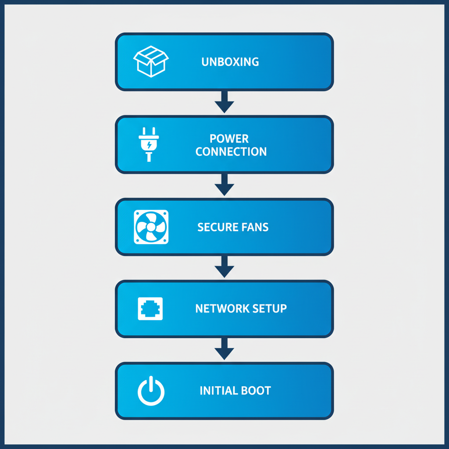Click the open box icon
pyautogui.click(x=150, y=61)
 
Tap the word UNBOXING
pyautogui.click(x=230, y=62)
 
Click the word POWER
pyautogui.click(x=229, y=139)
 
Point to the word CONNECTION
pyautogui.click(x=231, y=152)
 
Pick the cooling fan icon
pyautogui.click(x=151, y=227)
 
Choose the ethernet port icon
pyautogui.click(x=150, y=309)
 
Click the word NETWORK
pyautogui.click(x=217, y=308)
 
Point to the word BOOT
pyautogui.click(x=256, y=390)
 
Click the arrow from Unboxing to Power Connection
pyautogui.click(x=224, y=102)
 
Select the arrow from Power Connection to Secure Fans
pyautogui.click(x=224, y=185)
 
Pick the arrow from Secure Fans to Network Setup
pyautogui.click(x=224, y=267)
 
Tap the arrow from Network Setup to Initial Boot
pyautogui.click(x=224, y=349)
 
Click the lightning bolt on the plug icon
pyautogui.click(x=149, y=144)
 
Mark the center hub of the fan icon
pyautogui.click(x=151, y=227)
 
